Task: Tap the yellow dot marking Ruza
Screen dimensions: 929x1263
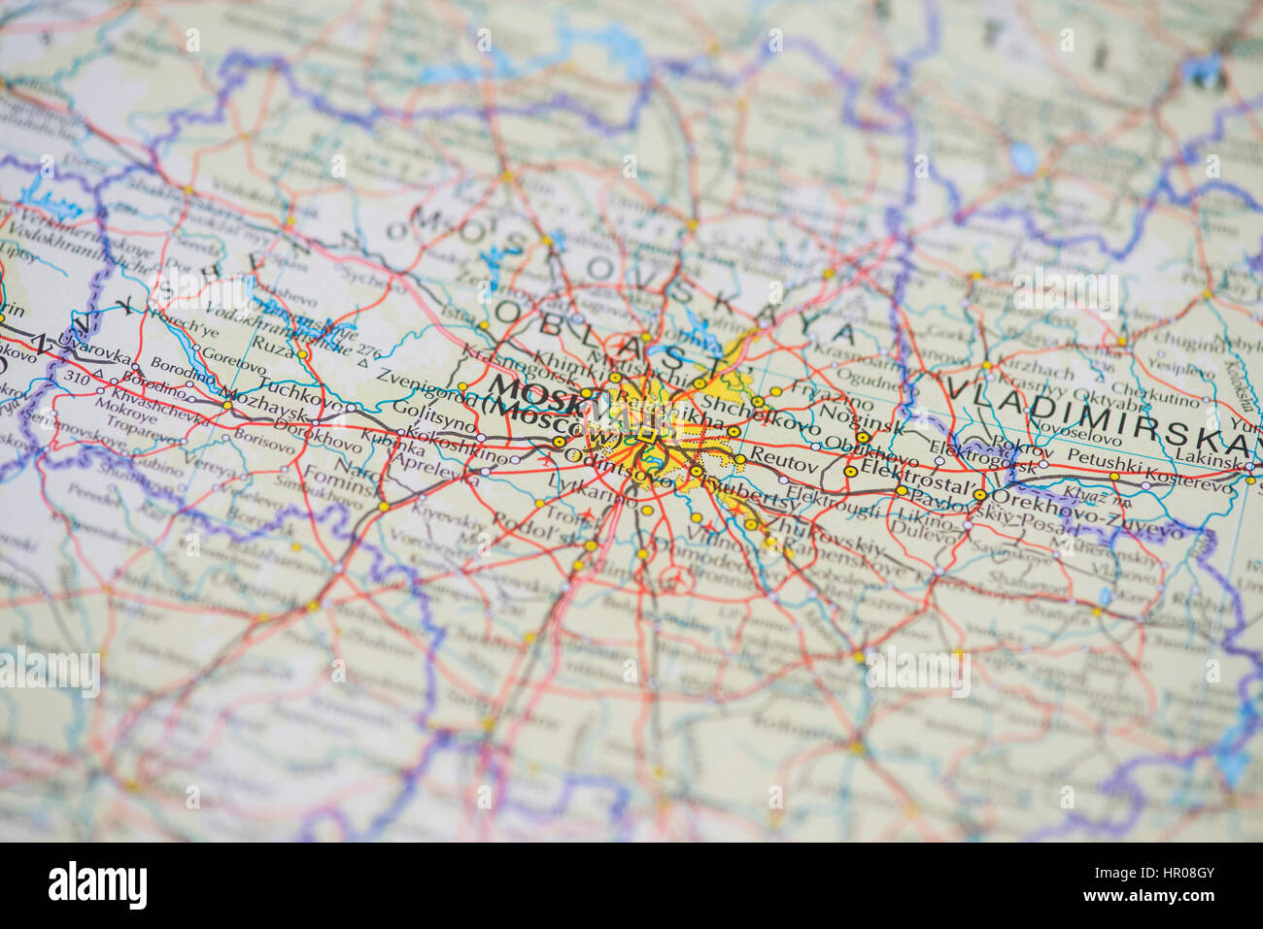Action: [x=302, y=354]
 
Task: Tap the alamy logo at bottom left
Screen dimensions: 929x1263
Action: [x=98, y=885]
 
